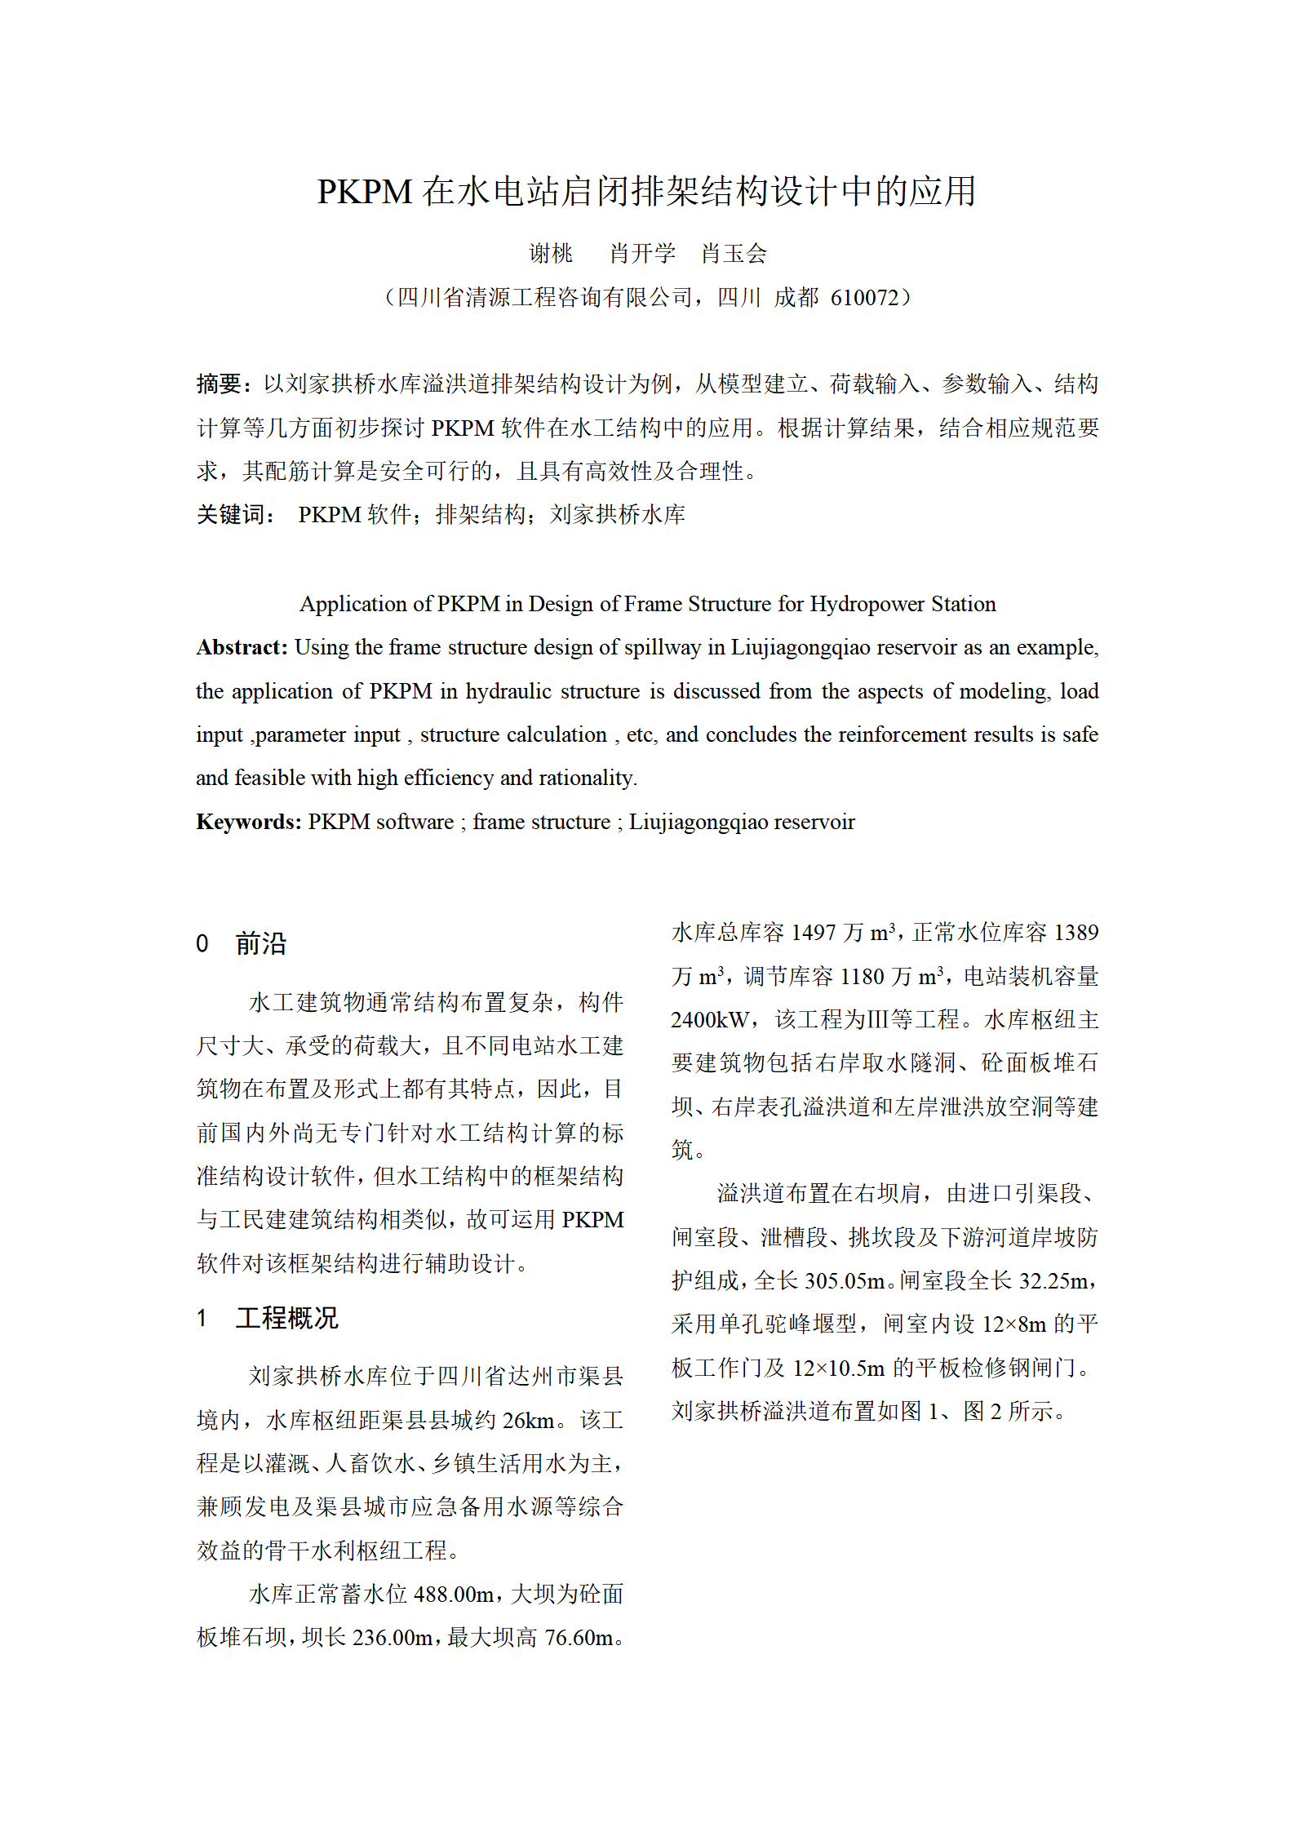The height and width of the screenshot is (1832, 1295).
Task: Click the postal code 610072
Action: click(x=863, y=298)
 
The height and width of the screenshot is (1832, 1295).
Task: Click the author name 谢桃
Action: click(x=551, y=254)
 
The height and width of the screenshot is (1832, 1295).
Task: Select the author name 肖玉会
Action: click(x=734, y=254)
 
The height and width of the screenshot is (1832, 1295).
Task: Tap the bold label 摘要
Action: click(x=219, y=384)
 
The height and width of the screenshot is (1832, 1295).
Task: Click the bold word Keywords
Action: click(x=246, y=822)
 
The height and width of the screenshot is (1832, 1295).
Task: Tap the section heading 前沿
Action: click(x=261, y=943)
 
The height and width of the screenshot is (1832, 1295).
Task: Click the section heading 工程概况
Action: click(x=286, y=1318)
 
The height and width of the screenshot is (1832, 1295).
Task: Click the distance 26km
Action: click(x=528, y=1421)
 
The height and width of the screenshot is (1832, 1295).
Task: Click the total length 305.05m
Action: click(x=844, y=1281)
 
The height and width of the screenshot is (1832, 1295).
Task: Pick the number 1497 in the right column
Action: click(x=814, y=933)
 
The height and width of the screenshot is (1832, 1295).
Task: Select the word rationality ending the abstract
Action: click(x=586, y=778)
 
